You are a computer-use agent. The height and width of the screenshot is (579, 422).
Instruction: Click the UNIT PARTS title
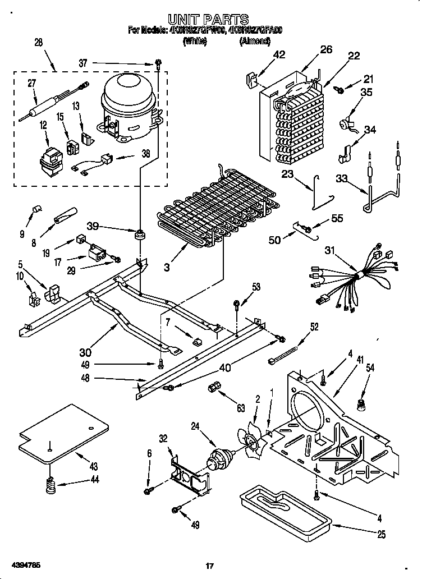(x=208, y=20)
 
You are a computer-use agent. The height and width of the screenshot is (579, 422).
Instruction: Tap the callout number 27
(x=33, y=84)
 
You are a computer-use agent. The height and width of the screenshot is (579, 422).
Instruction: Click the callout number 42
(x=279, y=54)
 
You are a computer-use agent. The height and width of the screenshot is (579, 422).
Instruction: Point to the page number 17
(x=209, y=566)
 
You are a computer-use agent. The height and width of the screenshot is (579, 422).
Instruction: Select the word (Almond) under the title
(x=256, y=41)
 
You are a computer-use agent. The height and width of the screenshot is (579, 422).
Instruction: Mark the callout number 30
(x=85, y=352)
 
